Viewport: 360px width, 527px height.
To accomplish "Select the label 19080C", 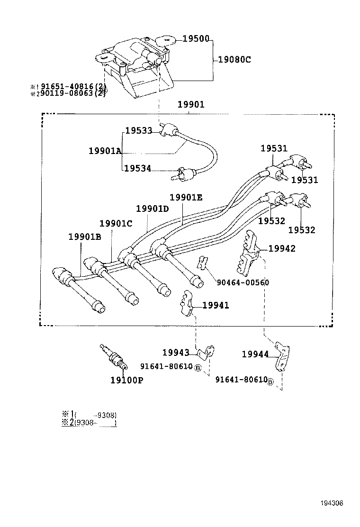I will coord(234,60).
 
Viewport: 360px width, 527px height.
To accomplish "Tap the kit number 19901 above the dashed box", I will coord(191,104).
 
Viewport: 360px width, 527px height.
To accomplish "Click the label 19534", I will coord(138,168).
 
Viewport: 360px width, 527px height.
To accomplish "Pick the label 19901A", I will coord(105,151).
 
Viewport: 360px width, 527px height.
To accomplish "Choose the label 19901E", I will coord(186,197).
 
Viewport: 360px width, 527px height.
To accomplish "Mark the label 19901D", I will coord(153,209).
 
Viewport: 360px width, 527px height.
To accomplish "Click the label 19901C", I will coord(116,223).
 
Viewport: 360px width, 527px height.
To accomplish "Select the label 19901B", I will coord(85,237).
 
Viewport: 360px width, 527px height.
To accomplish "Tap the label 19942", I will coord(282,248).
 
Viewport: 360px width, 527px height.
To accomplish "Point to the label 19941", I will coord(216,306).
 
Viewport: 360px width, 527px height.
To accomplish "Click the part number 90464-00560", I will coord(243,282).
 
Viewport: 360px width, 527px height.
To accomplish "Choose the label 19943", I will coord(176,352).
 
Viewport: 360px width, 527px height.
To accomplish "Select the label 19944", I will coord(255,354).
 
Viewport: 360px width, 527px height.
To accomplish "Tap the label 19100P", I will coord(127,380).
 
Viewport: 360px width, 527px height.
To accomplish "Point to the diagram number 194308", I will coord(332,503).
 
